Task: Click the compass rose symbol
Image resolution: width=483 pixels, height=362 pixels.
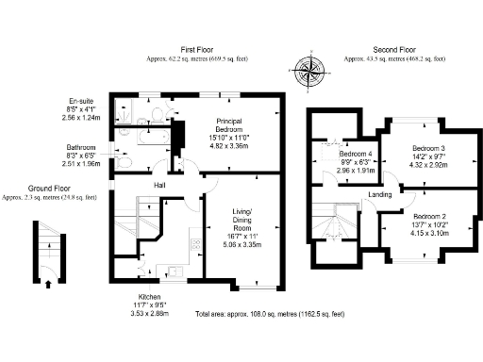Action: point(309,72)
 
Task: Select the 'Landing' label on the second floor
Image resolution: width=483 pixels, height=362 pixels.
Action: point(380,195)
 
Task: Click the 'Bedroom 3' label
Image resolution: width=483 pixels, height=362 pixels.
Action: point(429,149)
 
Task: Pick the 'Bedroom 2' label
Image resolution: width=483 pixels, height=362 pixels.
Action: point(428,216)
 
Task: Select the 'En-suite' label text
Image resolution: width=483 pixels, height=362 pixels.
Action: point(79,101)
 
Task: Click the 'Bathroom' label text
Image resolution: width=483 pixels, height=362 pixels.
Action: point(81,148)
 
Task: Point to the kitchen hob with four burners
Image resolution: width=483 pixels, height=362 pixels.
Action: point(195,244)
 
